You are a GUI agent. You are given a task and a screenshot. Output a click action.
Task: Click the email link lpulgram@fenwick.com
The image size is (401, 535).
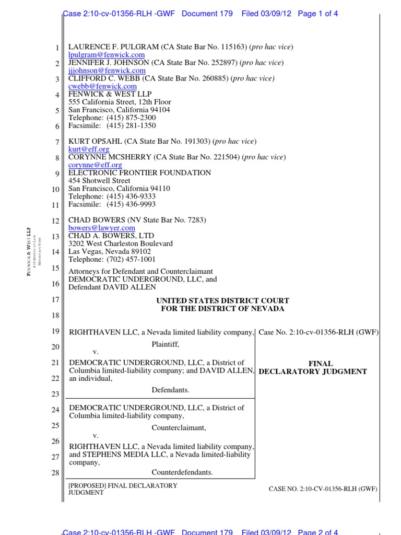pos(107,55)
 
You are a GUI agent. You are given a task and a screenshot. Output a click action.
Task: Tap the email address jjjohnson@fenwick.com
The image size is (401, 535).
pos(107,71)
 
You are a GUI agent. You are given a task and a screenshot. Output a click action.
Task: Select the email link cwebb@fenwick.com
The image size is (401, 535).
pos(102,86)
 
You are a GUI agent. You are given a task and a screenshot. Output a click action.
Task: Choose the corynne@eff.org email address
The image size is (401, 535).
pos(95,165)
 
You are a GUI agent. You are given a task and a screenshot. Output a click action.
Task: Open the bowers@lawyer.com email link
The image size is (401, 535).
pos(102,228)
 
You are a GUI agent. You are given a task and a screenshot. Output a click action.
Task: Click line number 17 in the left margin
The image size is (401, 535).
pos(56,300)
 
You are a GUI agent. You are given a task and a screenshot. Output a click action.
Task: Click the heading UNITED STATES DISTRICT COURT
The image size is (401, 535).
pos(222,301)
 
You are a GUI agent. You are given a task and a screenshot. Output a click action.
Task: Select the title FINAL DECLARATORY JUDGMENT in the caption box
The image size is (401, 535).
pos(313,368)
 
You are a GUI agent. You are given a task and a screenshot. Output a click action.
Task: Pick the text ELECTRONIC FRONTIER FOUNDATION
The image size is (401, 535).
pos(140,172)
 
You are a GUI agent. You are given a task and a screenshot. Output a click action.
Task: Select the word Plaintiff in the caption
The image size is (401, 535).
pos(165,344)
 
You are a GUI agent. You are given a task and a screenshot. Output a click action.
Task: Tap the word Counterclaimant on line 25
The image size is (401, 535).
pos(179,427)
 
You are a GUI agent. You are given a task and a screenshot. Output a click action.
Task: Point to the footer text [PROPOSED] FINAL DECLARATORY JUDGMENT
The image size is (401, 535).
pos(123,489)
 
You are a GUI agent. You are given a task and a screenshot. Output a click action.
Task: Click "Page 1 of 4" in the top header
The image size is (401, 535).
pos(317,14)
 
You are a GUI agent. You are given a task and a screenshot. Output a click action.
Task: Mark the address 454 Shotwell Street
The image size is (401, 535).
pos(99,181)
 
